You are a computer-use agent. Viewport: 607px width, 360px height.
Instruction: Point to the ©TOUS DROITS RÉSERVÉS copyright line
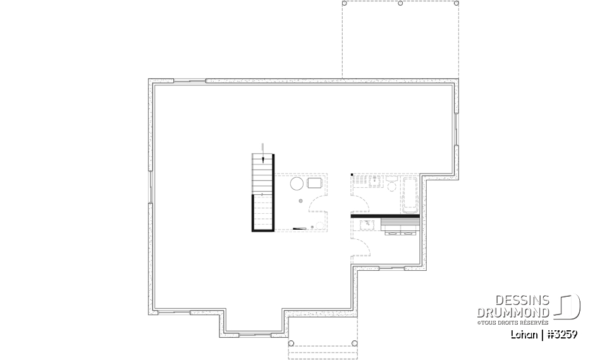click(513, 323)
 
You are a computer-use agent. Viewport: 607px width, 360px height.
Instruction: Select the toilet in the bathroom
click(391, 185)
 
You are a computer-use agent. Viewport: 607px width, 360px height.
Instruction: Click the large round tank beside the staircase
click(297, 183)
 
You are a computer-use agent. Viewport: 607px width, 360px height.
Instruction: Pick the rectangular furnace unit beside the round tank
click(315, 183)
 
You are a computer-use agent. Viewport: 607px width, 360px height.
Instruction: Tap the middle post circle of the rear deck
click(401, 3)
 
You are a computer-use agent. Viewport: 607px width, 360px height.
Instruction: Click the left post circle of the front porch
click(291, 344)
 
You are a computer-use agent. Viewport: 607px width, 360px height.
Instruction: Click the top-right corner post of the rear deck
click(457, 3)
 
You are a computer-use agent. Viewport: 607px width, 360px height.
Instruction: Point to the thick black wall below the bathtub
click(386, 216)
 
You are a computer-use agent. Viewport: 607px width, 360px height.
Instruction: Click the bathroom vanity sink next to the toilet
click(375, 182)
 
